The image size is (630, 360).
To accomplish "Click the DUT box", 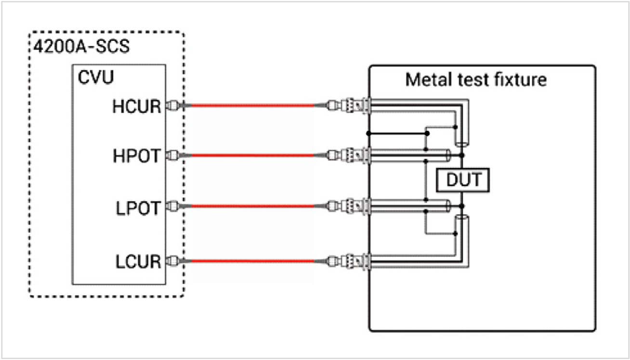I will pos(463,180).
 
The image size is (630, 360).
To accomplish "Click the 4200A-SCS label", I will pos(81,48).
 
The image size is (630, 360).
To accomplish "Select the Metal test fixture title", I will pos(475,79).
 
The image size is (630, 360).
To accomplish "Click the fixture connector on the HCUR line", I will pos(349,105).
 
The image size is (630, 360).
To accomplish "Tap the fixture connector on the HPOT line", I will pos(349,155).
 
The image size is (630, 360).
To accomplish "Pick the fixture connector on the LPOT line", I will pos(349,206).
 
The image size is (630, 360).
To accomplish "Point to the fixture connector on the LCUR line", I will pos(349,261).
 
